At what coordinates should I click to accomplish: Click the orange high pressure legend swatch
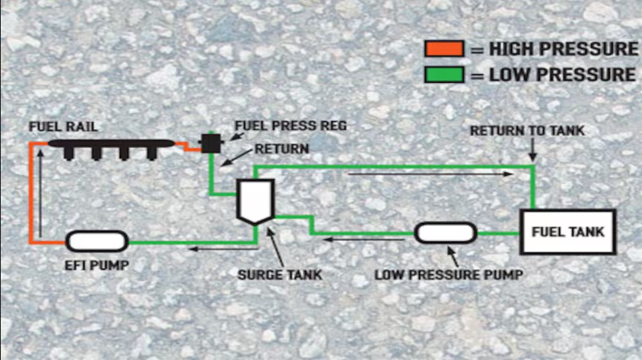tap(444, 49)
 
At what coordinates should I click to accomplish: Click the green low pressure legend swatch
tap(444, 74)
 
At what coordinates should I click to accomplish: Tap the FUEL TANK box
tap(568, 232)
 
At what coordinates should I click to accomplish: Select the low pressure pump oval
tap(445, 232)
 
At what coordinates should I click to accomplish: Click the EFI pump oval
tap(97, 241)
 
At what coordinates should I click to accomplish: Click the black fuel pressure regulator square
tap(211, 143)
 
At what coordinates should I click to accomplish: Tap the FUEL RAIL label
tap(63, 127)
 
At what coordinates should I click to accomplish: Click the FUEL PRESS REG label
tap(290, 125)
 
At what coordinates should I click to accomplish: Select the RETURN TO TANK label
tap(528, 131)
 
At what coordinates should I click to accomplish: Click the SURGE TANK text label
tap(280, 275)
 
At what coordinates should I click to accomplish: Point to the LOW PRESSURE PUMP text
tap(449, 275)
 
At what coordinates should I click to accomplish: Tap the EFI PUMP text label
tap(96, 265)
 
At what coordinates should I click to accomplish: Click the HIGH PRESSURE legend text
tap(564, 49)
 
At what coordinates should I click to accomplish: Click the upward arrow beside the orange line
tap(40, 193)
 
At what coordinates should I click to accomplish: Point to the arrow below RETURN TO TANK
tap(532, 149)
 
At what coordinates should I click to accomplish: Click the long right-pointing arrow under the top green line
tap(431, 174)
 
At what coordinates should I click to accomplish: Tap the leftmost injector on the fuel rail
tap(68, 153)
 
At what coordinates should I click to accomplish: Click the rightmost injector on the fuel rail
tap(151, 153)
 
